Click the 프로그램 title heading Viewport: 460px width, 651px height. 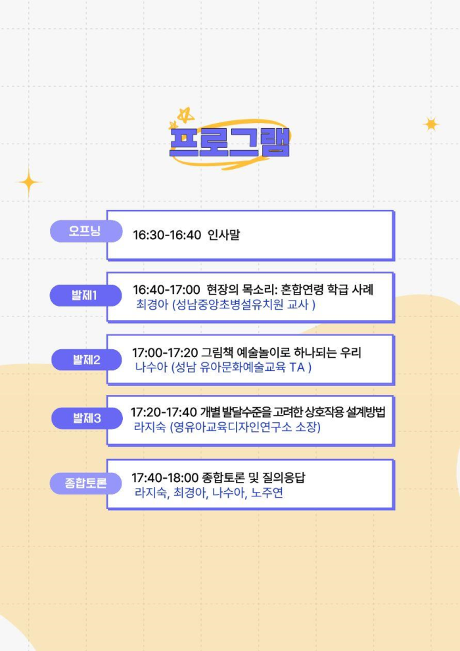pos(229,142)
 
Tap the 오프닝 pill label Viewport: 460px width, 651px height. pos(86,231)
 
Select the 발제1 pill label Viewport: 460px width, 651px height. pos(85,295)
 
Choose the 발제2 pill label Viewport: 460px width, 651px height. pos(87,360)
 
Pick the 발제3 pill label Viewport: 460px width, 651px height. pos(87,418)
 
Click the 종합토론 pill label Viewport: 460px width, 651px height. pos(86,483)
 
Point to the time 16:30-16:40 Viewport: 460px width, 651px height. pos(167,235)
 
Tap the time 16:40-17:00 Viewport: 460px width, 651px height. pos(166,290)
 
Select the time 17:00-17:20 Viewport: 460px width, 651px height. pos(165,353)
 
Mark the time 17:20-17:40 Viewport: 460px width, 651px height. pos(164,412)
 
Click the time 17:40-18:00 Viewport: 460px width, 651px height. pos(165,478)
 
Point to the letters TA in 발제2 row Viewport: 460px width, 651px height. pos(298,368)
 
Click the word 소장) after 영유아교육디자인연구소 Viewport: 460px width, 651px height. pos(308,427)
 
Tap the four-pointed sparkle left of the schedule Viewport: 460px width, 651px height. pos(29,182)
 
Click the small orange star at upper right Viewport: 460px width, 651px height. pos(431,124)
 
